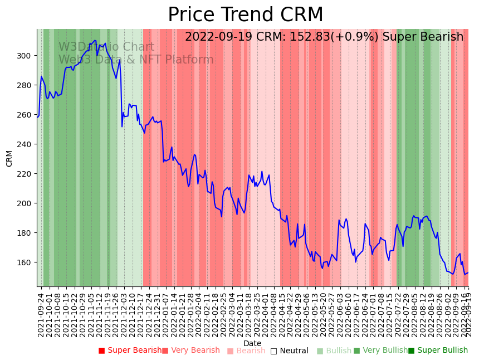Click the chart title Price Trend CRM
pyautogui.click(x=245, y=15)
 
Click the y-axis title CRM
pyautogui.click(x=9, y=158)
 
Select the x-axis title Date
pyautogui.click(x=252, y=343)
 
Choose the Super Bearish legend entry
pyautogui.click(x=130, y=351)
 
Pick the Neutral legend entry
pyautogui.click(x=289, y=351)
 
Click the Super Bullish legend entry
pyautogui.click(x=438, y=351)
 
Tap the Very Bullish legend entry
pyautogui.click(x=380, y=351)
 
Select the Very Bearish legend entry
pyautogui.click(x=191, y=351)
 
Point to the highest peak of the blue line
pyautogui.click(x=95, y=40)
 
